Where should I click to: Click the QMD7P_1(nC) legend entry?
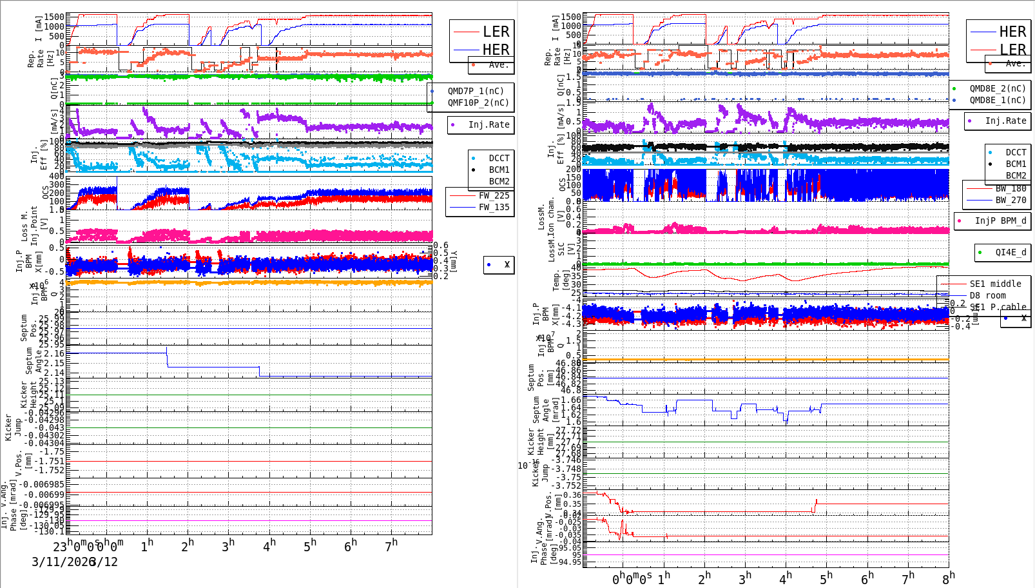(476, 91)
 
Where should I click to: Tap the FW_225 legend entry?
(494, 195)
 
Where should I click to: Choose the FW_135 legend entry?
(494, 207)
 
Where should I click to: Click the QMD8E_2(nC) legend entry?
(997, 88)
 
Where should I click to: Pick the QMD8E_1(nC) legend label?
(997, 100)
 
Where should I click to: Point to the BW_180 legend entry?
(1011, 188)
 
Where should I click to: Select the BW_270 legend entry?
(1011, 200)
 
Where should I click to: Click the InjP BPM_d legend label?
(1000, 220)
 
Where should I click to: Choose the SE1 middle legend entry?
(995, 284)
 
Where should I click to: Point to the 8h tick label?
(948, 576)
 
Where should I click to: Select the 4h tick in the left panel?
(269, 545)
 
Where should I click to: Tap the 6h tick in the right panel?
(867, 578)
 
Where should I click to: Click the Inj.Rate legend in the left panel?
(488, 124)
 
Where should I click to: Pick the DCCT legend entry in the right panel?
(1016, 152)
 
